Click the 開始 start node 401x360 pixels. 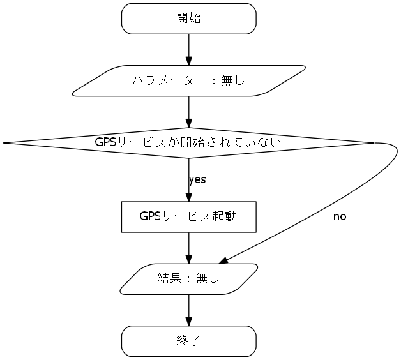pos(188,19)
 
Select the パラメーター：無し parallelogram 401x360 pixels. pos(188,81)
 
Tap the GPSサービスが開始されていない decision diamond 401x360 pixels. pos(188,142)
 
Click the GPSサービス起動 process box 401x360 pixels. pos(188,217)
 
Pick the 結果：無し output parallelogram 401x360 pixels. pos(188,279)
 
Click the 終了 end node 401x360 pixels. pos(188,341)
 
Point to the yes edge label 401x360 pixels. pos(197,180)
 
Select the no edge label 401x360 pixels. pos(340,217)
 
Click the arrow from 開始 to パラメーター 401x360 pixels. pos(188,48)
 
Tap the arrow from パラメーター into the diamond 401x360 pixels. pos(188,110)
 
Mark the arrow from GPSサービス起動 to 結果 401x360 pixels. pos(188,246)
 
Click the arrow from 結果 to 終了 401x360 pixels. pos(188,308)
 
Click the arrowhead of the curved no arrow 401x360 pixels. pos(224,261)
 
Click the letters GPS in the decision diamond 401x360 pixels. pos(105,142)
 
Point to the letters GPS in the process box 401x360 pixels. pos(150,217)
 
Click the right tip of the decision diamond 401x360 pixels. pos(372,143)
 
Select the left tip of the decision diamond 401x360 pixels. pos(5,143)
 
